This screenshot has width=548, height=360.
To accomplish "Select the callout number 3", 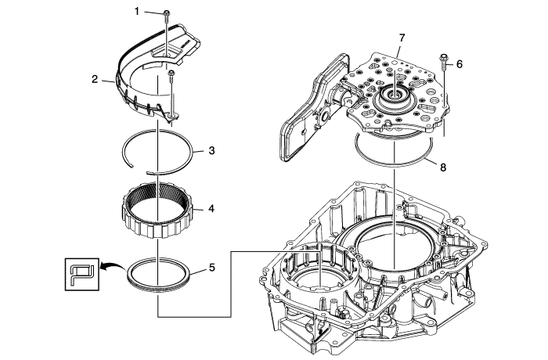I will tap(211, 150).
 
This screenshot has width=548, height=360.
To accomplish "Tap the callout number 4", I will tap(211, 209).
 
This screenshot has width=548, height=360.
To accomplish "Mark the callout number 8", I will tap(442, 167).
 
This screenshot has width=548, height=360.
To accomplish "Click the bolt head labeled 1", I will tap(168, 13).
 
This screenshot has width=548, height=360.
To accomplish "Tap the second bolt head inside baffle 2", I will tap(171, 74).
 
